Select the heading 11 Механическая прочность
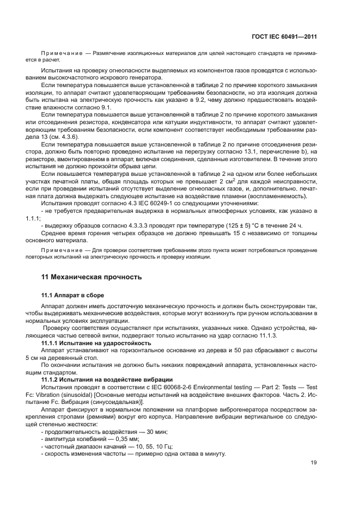pyautogui.click(x=91, y=277)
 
